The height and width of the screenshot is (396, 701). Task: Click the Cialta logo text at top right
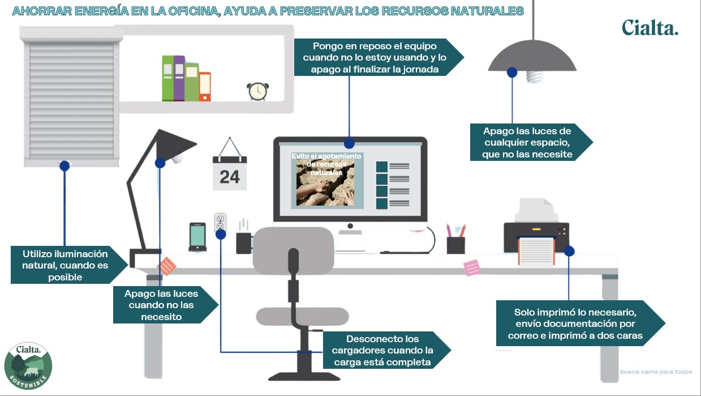(x=650, y=27)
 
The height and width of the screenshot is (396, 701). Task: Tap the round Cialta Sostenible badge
(x=28, y=366)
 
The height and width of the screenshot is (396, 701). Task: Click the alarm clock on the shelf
(x=257, y=91)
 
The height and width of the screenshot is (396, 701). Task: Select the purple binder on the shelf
(x=179, y=78)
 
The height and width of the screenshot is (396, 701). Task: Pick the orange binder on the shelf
(x=204, y=87)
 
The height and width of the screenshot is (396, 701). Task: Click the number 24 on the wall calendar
(x=230, y=176)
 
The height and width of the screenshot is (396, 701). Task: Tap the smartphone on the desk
(x=197, y=236)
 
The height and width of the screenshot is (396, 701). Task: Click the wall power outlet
(x=220, y=223)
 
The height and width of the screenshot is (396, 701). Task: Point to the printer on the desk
(x=535, y=232)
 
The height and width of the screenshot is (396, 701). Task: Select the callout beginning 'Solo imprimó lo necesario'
(x=577, y=323)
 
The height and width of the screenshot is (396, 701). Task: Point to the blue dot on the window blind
(x=64, y=166)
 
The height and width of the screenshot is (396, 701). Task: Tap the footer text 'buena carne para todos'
(x=656, y=372)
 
